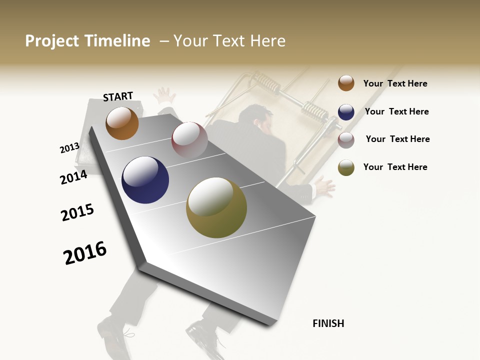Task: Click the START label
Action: coord(118,96)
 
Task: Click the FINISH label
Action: coord(328,323)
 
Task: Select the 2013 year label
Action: coord(69,148)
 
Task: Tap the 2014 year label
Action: coord(73,177)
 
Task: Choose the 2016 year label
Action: coord(85,252)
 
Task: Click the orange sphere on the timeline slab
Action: coord(122,123)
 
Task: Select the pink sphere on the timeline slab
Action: coord(189,140)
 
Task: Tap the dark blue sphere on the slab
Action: coord(145,180)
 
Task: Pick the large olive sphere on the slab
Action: coord(216,207)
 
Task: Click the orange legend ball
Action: coord(346,83)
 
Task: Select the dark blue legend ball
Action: coord(346,112)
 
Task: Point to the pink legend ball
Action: coord(346,140)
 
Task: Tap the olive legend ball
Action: coord(346,167)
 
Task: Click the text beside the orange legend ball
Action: coord(395,83)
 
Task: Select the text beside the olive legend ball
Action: coord(395,167)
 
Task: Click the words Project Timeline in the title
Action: coord(87,41)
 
